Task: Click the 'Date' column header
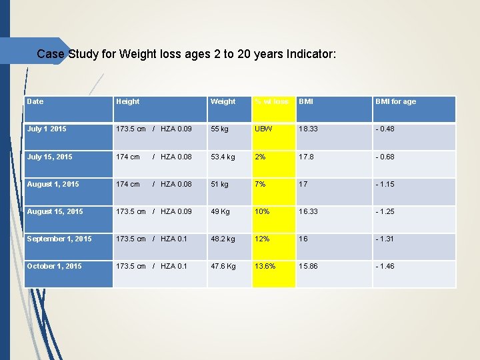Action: [35, 101]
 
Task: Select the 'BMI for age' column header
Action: [395, 101]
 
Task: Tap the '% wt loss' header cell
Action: [272, 101]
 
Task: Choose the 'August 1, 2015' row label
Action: [53, 184]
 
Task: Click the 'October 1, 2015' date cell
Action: [54, 266]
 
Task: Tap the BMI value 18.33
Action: [309, 129]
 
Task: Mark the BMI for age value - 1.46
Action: [385, 266]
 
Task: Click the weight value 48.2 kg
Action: [223, 239]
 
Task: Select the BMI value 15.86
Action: [309, 266]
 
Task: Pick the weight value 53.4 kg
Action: [223, 157]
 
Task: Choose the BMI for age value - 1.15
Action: [385, 184]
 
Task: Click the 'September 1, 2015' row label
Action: [59, 239]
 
